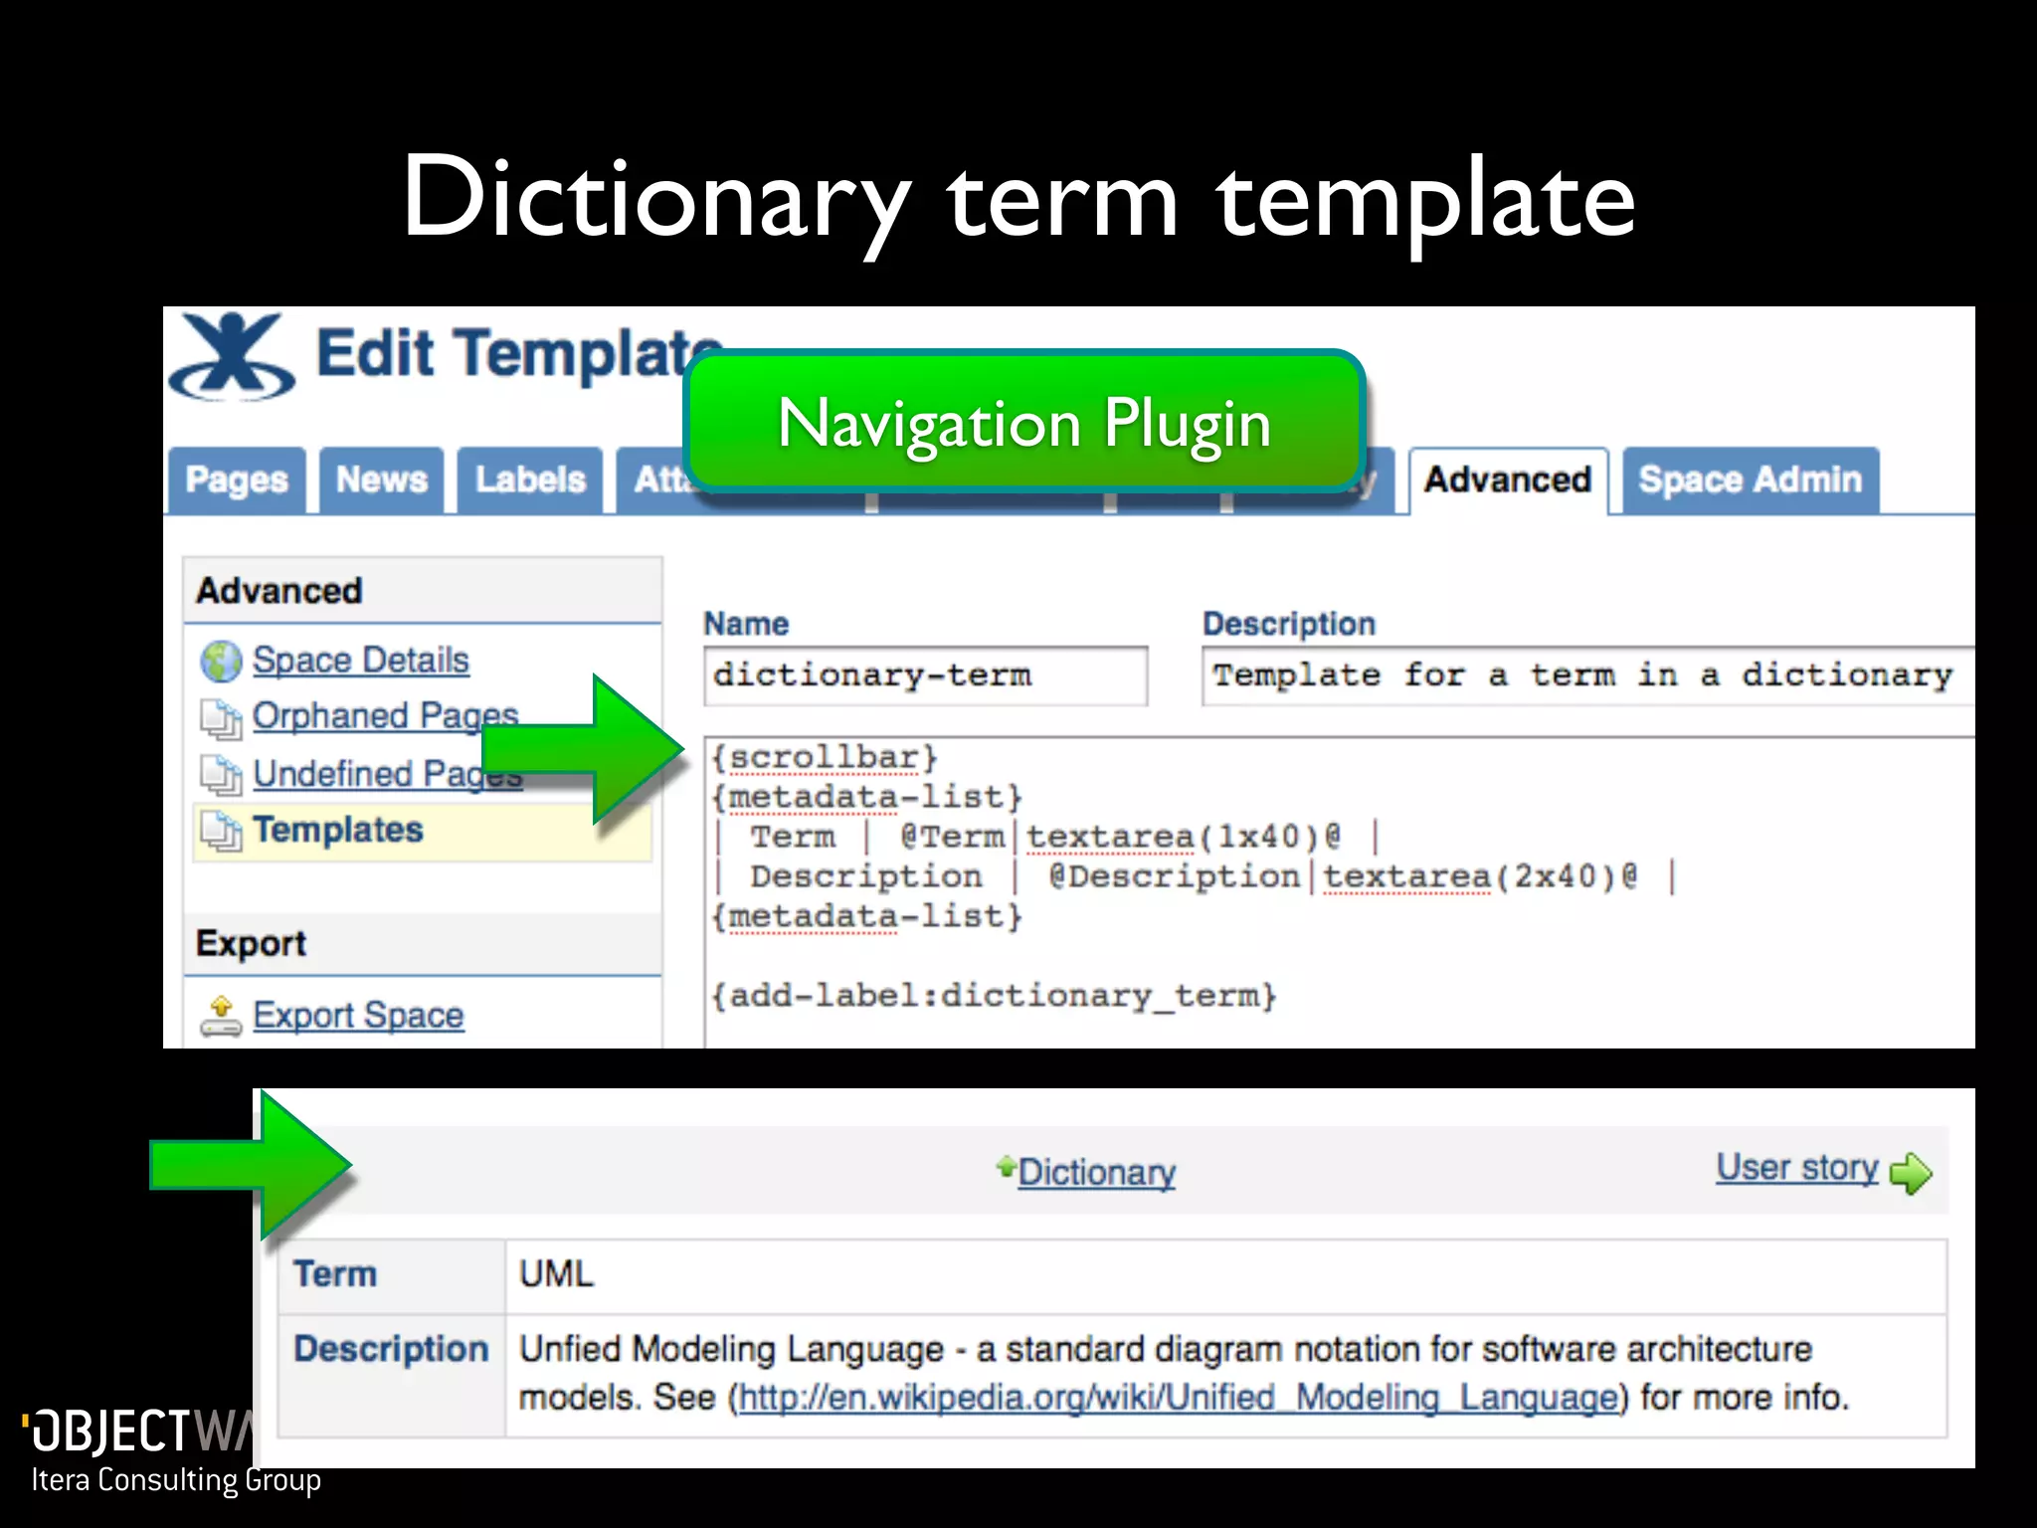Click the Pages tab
click(237, 480)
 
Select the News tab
click(382, 480)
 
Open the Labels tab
click(530, 480)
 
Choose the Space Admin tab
click(1750, 480)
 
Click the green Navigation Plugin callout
click(1024, 423)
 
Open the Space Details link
click(360, 661)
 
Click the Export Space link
click(358, 1016)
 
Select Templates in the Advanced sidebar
click(338, 830)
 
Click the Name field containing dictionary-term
click(925, 675)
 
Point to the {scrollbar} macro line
click(825, 758)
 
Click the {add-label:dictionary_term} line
click(994, 996)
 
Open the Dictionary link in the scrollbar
click(1096, 1172)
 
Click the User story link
click(1797, 1168)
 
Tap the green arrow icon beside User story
click(1911, 1174)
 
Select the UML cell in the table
click(557, 1274)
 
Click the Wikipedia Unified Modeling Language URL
click(1180, 1398)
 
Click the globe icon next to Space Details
click(221, 662)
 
